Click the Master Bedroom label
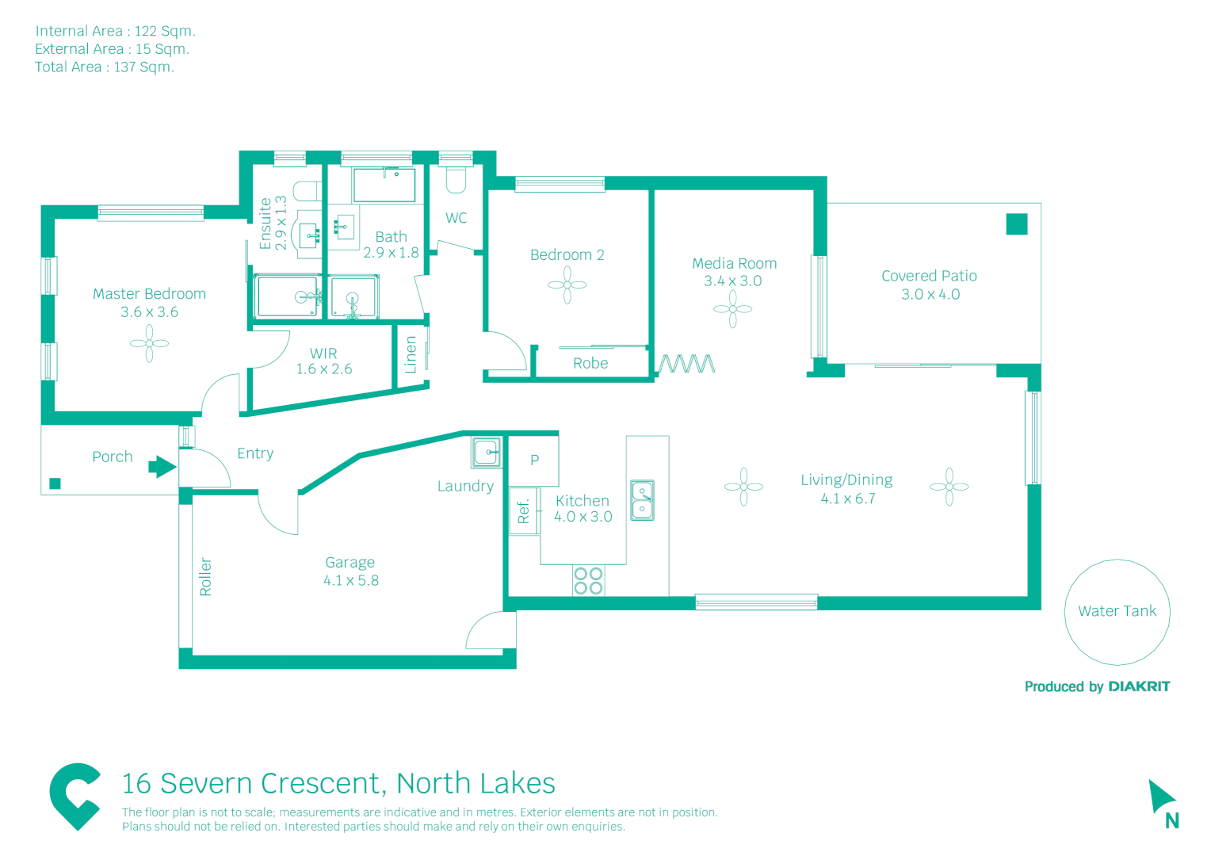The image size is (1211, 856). (x=149, y=294)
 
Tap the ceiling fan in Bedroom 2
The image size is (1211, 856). (x=567, y=285)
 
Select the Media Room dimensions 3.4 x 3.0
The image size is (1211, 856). (x=732, y=281)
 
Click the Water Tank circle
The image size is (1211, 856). (x=1117, y=611)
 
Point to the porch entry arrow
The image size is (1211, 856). (x=162, y=467)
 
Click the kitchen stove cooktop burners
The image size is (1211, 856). (x=588, y=581)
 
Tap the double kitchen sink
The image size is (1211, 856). (x=642, y=500)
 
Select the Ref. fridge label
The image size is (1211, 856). (x=523, y=511)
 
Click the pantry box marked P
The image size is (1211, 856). (x=534, y=460)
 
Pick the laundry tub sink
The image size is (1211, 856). (x=487, y=453)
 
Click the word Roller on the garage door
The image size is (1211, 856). (x=205, y=576)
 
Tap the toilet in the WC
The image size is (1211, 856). (x=455, y=181)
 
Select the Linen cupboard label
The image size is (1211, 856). (x=411, y=354)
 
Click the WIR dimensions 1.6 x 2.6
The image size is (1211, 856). (x=324, y=369)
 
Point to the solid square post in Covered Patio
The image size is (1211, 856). (x=1017, y=224)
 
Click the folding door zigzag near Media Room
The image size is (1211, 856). (x=686, y=364)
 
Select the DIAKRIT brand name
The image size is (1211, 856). (x=1139, y=686)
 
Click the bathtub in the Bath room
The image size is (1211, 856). (x=384, y=185)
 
